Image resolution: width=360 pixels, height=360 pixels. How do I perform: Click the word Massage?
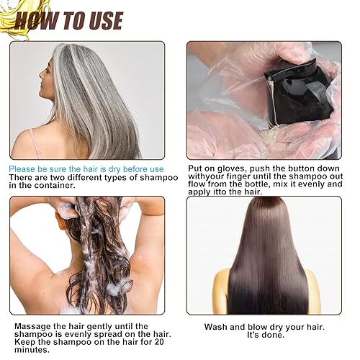(31, 326)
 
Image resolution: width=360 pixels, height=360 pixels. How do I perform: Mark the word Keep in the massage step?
(22, 342)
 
